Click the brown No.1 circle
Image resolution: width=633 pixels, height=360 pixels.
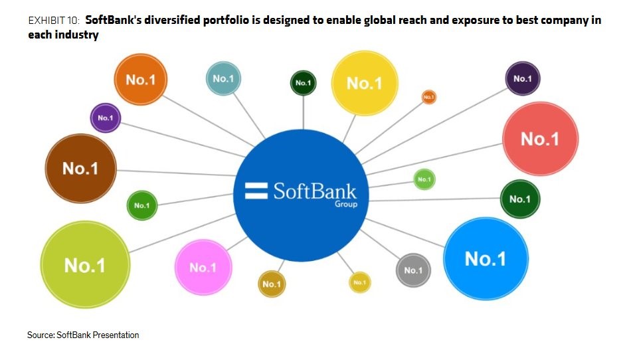pos(81,168)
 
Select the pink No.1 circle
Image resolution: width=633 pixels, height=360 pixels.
pos(203,267)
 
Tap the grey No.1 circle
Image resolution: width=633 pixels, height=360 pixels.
pos(413,270)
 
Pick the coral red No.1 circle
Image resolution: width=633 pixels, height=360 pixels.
pos(540,138)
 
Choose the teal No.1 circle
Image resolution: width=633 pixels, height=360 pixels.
pos(223,78)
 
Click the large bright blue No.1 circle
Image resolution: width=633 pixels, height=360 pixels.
pos(486,258)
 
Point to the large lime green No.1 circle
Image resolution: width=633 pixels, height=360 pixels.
pos(85,265)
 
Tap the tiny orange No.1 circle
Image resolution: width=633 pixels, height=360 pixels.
pos(428,97)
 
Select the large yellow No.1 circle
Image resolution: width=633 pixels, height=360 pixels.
pos(365,83)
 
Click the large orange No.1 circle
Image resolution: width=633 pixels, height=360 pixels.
pos(141,80)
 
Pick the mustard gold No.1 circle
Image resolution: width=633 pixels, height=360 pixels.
pos(272,284)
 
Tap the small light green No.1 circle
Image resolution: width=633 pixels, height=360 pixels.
pos(424,179)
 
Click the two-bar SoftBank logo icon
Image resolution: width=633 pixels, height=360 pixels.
pos(256,191)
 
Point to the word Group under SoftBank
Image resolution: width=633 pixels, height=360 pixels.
pos(346,204)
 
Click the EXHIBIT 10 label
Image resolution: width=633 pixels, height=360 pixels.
pos(54,21)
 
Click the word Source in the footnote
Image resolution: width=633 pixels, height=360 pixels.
pos(41,335)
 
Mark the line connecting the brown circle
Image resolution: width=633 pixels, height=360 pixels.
pos(175,173)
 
